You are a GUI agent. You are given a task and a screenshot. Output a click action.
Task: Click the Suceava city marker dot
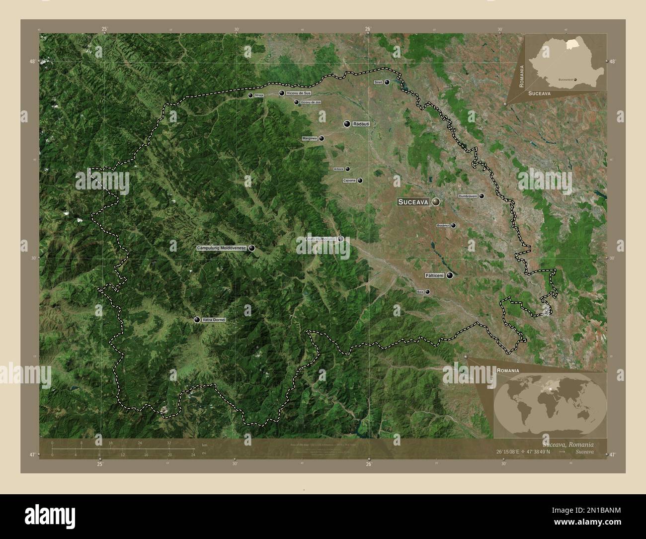(436, 202)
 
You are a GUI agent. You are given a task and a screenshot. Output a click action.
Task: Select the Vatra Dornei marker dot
(197, 320)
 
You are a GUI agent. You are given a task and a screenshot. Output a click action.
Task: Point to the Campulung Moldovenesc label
(222, 248)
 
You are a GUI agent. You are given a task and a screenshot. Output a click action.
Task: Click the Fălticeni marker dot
(450, 275)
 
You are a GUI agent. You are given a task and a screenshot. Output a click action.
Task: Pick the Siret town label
(378, 83)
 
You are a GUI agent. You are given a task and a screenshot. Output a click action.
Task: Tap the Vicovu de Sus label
(299, 93)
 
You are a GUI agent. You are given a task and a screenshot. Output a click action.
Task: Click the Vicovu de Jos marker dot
(297, 102)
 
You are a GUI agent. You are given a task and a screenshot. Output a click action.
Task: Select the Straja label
(258, 95)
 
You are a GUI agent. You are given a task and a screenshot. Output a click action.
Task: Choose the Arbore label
(338, 169)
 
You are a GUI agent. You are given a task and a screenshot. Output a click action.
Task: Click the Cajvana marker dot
(360, 180)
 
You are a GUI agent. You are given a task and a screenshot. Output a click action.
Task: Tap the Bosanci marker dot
(453, 225)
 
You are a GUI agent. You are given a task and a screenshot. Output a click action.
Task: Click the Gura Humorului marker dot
(341, 239)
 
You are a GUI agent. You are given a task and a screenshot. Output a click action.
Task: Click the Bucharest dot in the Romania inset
(575, 79)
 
